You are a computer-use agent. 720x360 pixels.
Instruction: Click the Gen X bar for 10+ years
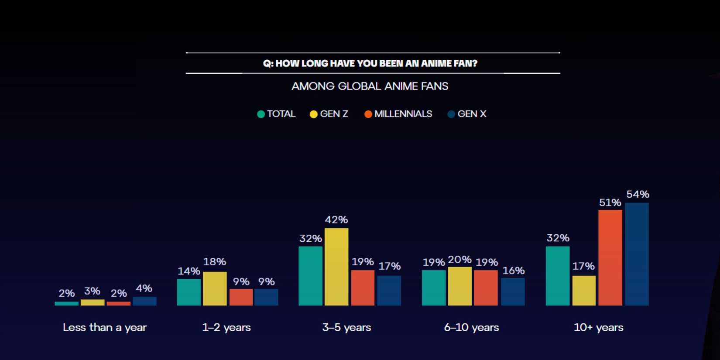coord(637,254)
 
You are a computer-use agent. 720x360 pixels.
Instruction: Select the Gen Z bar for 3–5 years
coord(336,267)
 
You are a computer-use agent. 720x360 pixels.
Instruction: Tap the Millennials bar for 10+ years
coord(610,257)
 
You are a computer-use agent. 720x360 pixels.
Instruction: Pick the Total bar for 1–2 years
coord(189,292)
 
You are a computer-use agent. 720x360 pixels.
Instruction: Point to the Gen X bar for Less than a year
coord(144,301)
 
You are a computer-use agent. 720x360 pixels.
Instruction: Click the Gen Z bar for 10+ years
coord(584,290)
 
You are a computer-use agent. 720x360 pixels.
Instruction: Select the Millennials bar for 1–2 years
coord(241,297)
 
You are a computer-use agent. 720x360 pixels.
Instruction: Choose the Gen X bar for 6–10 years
coord(513,291)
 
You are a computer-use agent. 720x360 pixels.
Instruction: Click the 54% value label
coord(638,194)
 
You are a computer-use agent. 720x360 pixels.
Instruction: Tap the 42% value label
coord(336,219)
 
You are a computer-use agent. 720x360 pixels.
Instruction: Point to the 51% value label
coord(610,202)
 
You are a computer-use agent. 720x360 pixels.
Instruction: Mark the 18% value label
coord(215,262)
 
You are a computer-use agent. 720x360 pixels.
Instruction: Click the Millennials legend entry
coord(398,114)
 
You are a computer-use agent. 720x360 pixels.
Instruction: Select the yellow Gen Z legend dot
coord(313,114)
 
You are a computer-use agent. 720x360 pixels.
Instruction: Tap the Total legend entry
coord(276,114)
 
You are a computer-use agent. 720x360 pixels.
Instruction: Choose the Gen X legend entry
coord(467,114)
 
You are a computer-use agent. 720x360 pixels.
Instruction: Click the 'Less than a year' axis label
coord(105,327)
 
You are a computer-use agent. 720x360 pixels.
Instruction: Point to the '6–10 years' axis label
coord(471,327)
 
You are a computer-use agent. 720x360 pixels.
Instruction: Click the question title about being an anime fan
coord(370,63)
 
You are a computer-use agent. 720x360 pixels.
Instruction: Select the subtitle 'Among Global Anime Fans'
coord(370,86)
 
